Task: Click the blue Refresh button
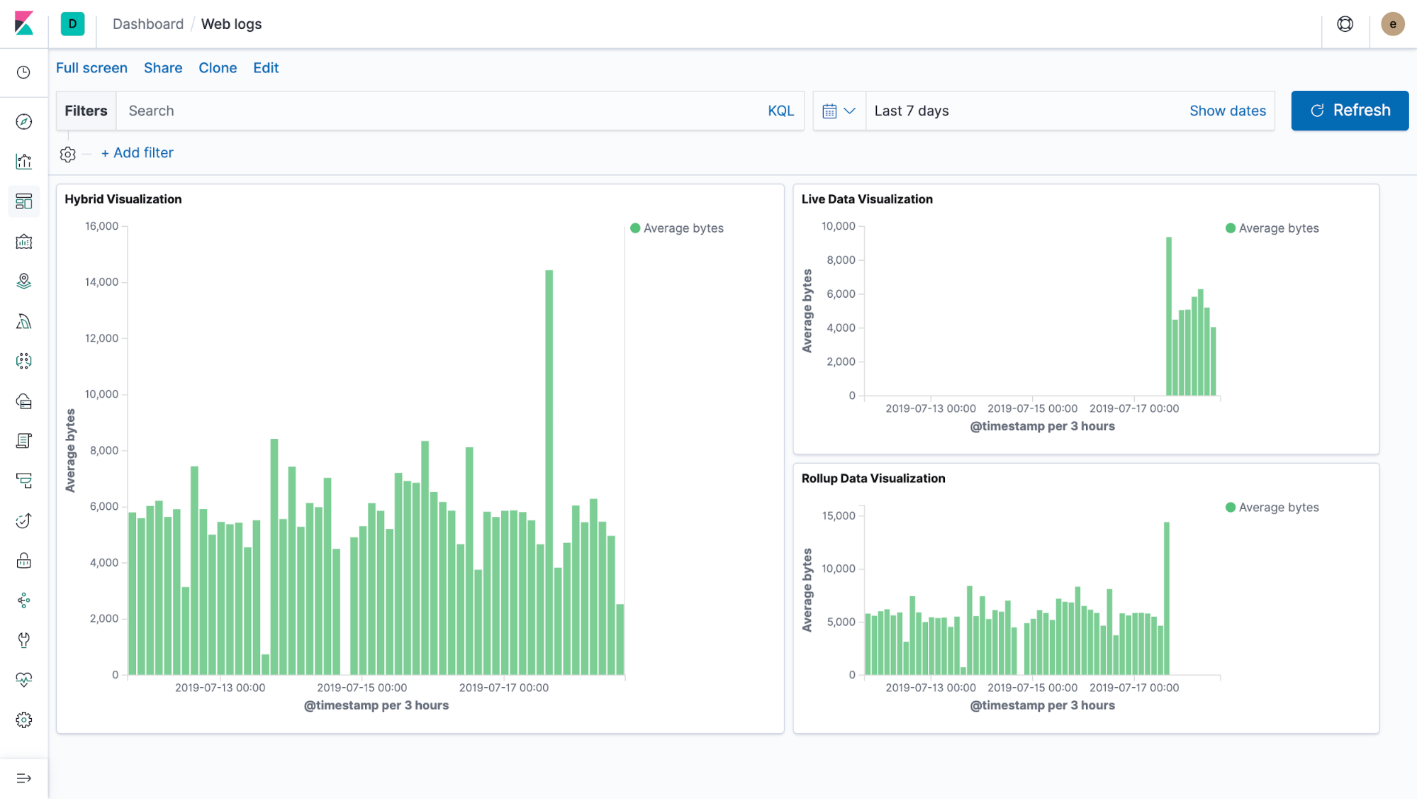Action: coord(1349,111)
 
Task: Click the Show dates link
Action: coord(1227,111)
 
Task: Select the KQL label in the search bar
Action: coord(780,111)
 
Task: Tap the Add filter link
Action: coord(138,152)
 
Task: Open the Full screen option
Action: coord(91,68)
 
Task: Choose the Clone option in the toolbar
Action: coord(218,68)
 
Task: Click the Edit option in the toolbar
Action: coord(266,68)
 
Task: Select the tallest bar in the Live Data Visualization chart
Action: coord(1169,316)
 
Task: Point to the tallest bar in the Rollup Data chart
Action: coord(1166,598)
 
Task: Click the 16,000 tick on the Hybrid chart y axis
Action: coord(101,226)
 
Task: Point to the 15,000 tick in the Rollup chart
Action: coord(838,515)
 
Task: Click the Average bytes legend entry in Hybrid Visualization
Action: coord(683,228)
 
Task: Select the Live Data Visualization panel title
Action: coord(866,199)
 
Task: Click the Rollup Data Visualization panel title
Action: coord(873,479)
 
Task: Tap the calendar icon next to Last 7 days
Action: coord(829,111)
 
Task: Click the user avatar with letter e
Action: coord(1392,24)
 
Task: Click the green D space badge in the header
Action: coord(72,24)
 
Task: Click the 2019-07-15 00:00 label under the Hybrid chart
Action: coord(362,688)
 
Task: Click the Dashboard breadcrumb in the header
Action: coord(147,24)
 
